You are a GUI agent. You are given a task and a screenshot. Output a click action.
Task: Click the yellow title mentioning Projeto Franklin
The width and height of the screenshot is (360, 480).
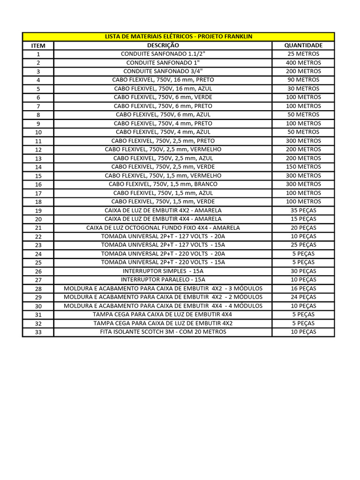click(x=179, y=37)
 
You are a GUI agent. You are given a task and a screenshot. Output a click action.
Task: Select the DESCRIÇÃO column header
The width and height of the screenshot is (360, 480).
click(x=163, y=45)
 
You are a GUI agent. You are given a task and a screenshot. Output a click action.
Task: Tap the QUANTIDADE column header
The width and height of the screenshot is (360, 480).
click(x=303, y=45)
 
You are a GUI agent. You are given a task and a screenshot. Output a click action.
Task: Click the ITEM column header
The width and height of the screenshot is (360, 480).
click(x=38, y=46)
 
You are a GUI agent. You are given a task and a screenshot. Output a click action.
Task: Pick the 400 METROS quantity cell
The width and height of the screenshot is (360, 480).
click(x=303, y=63)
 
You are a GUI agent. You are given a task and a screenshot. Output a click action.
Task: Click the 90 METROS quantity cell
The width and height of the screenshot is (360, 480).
click(x=303, y=80)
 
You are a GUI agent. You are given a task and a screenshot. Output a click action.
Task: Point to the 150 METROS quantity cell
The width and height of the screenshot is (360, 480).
click(x=303, y=167)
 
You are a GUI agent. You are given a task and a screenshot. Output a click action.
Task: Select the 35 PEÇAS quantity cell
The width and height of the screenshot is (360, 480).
click(x=303, y=210)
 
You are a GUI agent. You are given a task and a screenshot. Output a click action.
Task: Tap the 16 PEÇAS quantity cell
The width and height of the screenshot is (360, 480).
click(x=303, y=289)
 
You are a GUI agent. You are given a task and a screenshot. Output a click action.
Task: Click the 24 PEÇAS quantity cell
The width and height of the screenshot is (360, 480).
click(x=303, y=297)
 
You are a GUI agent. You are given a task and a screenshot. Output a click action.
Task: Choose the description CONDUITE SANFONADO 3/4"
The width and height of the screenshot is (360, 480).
click(x=163, y=71)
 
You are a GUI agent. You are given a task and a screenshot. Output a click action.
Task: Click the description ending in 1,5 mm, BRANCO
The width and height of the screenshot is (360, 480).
click(x=163, y=184)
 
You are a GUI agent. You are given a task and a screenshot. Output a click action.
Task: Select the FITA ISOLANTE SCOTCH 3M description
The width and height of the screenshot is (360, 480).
click(x=163, y=332)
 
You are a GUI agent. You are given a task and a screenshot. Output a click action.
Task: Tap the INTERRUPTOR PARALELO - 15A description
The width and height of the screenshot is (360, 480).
click(x=163, y=280)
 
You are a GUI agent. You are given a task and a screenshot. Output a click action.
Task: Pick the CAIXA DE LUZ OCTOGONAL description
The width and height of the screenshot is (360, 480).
click(x=163, y=228)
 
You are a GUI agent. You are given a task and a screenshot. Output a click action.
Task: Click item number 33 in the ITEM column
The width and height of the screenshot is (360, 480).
click(x=38, y=332)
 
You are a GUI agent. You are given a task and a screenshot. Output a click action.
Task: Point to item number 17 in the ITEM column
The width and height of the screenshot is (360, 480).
click(x=38, y=194)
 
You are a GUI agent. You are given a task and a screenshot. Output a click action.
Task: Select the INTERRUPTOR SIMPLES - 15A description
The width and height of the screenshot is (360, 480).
click(x=163, y=271)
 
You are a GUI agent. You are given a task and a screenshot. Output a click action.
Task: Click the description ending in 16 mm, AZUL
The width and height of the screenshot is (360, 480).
click(x=163, y=89)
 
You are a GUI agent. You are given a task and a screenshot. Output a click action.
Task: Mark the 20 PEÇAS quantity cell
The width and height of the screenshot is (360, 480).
click(x=303, y=228)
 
